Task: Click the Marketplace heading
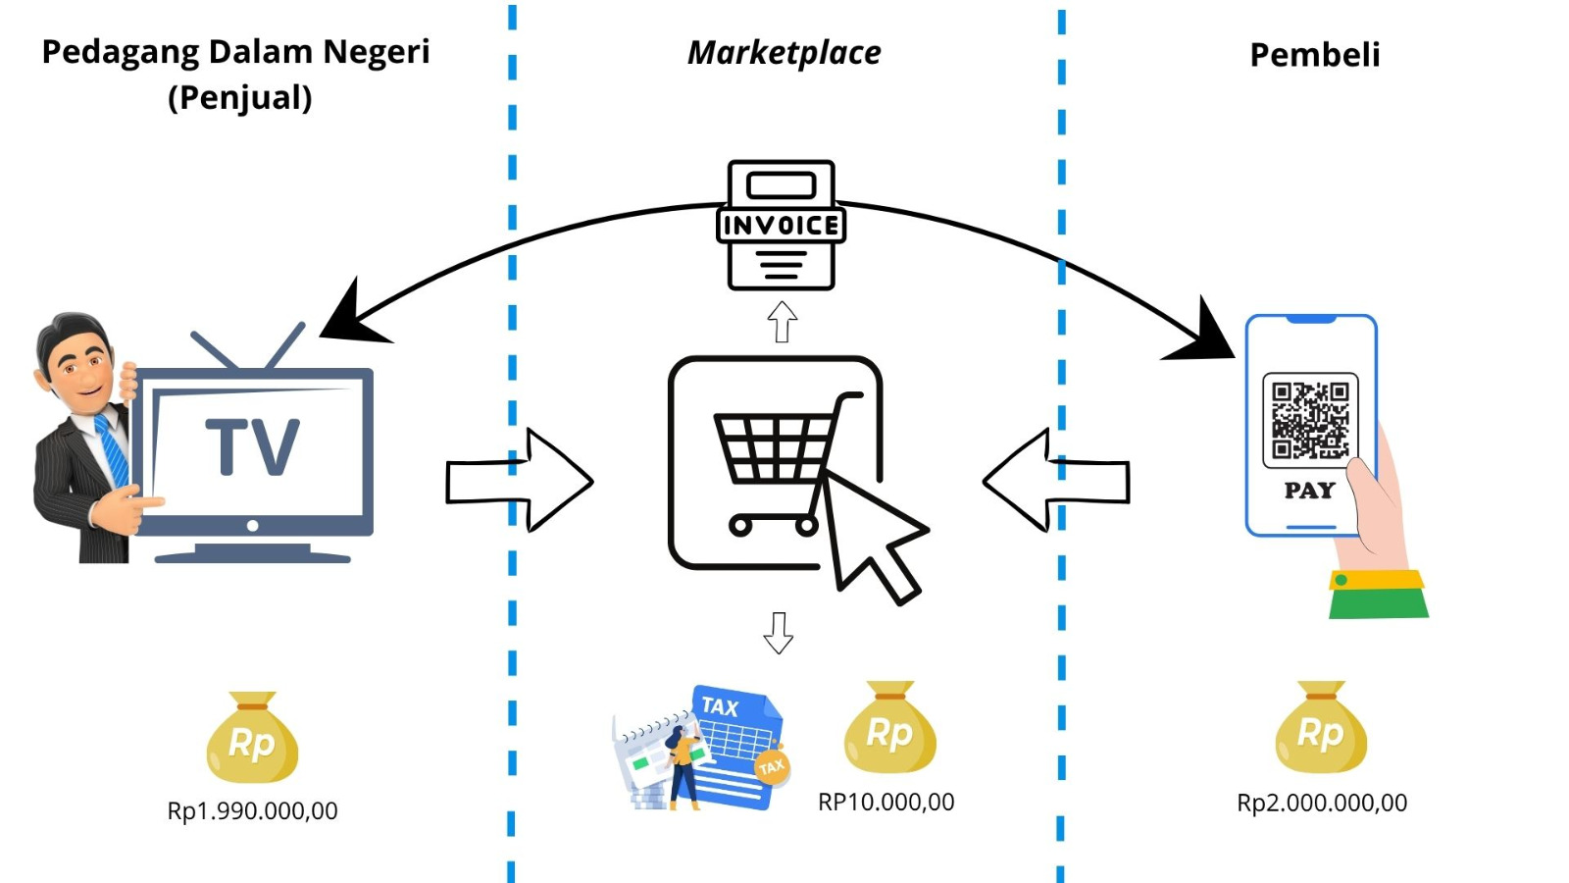click(784, 53)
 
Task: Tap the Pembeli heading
click(1314, 55)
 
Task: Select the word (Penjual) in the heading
click(239, 98)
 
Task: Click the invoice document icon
click(781, 226)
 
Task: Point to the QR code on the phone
click(1310, 420)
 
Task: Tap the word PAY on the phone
click(1309, 491)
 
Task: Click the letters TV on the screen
click(252, 447)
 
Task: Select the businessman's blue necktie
click(112, 449)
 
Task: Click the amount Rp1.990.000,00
click(252, 811)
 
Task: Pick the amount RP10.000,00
click(886, 802)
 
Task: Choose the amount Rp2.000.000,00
click(1321, 803)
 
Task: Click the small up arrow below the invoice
click(782, 322)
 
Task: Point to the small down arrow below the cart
click(779, 633)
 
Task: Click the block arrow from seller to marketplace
click(520, 481)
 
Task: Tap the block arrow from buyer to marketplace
click(1055, 481)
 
